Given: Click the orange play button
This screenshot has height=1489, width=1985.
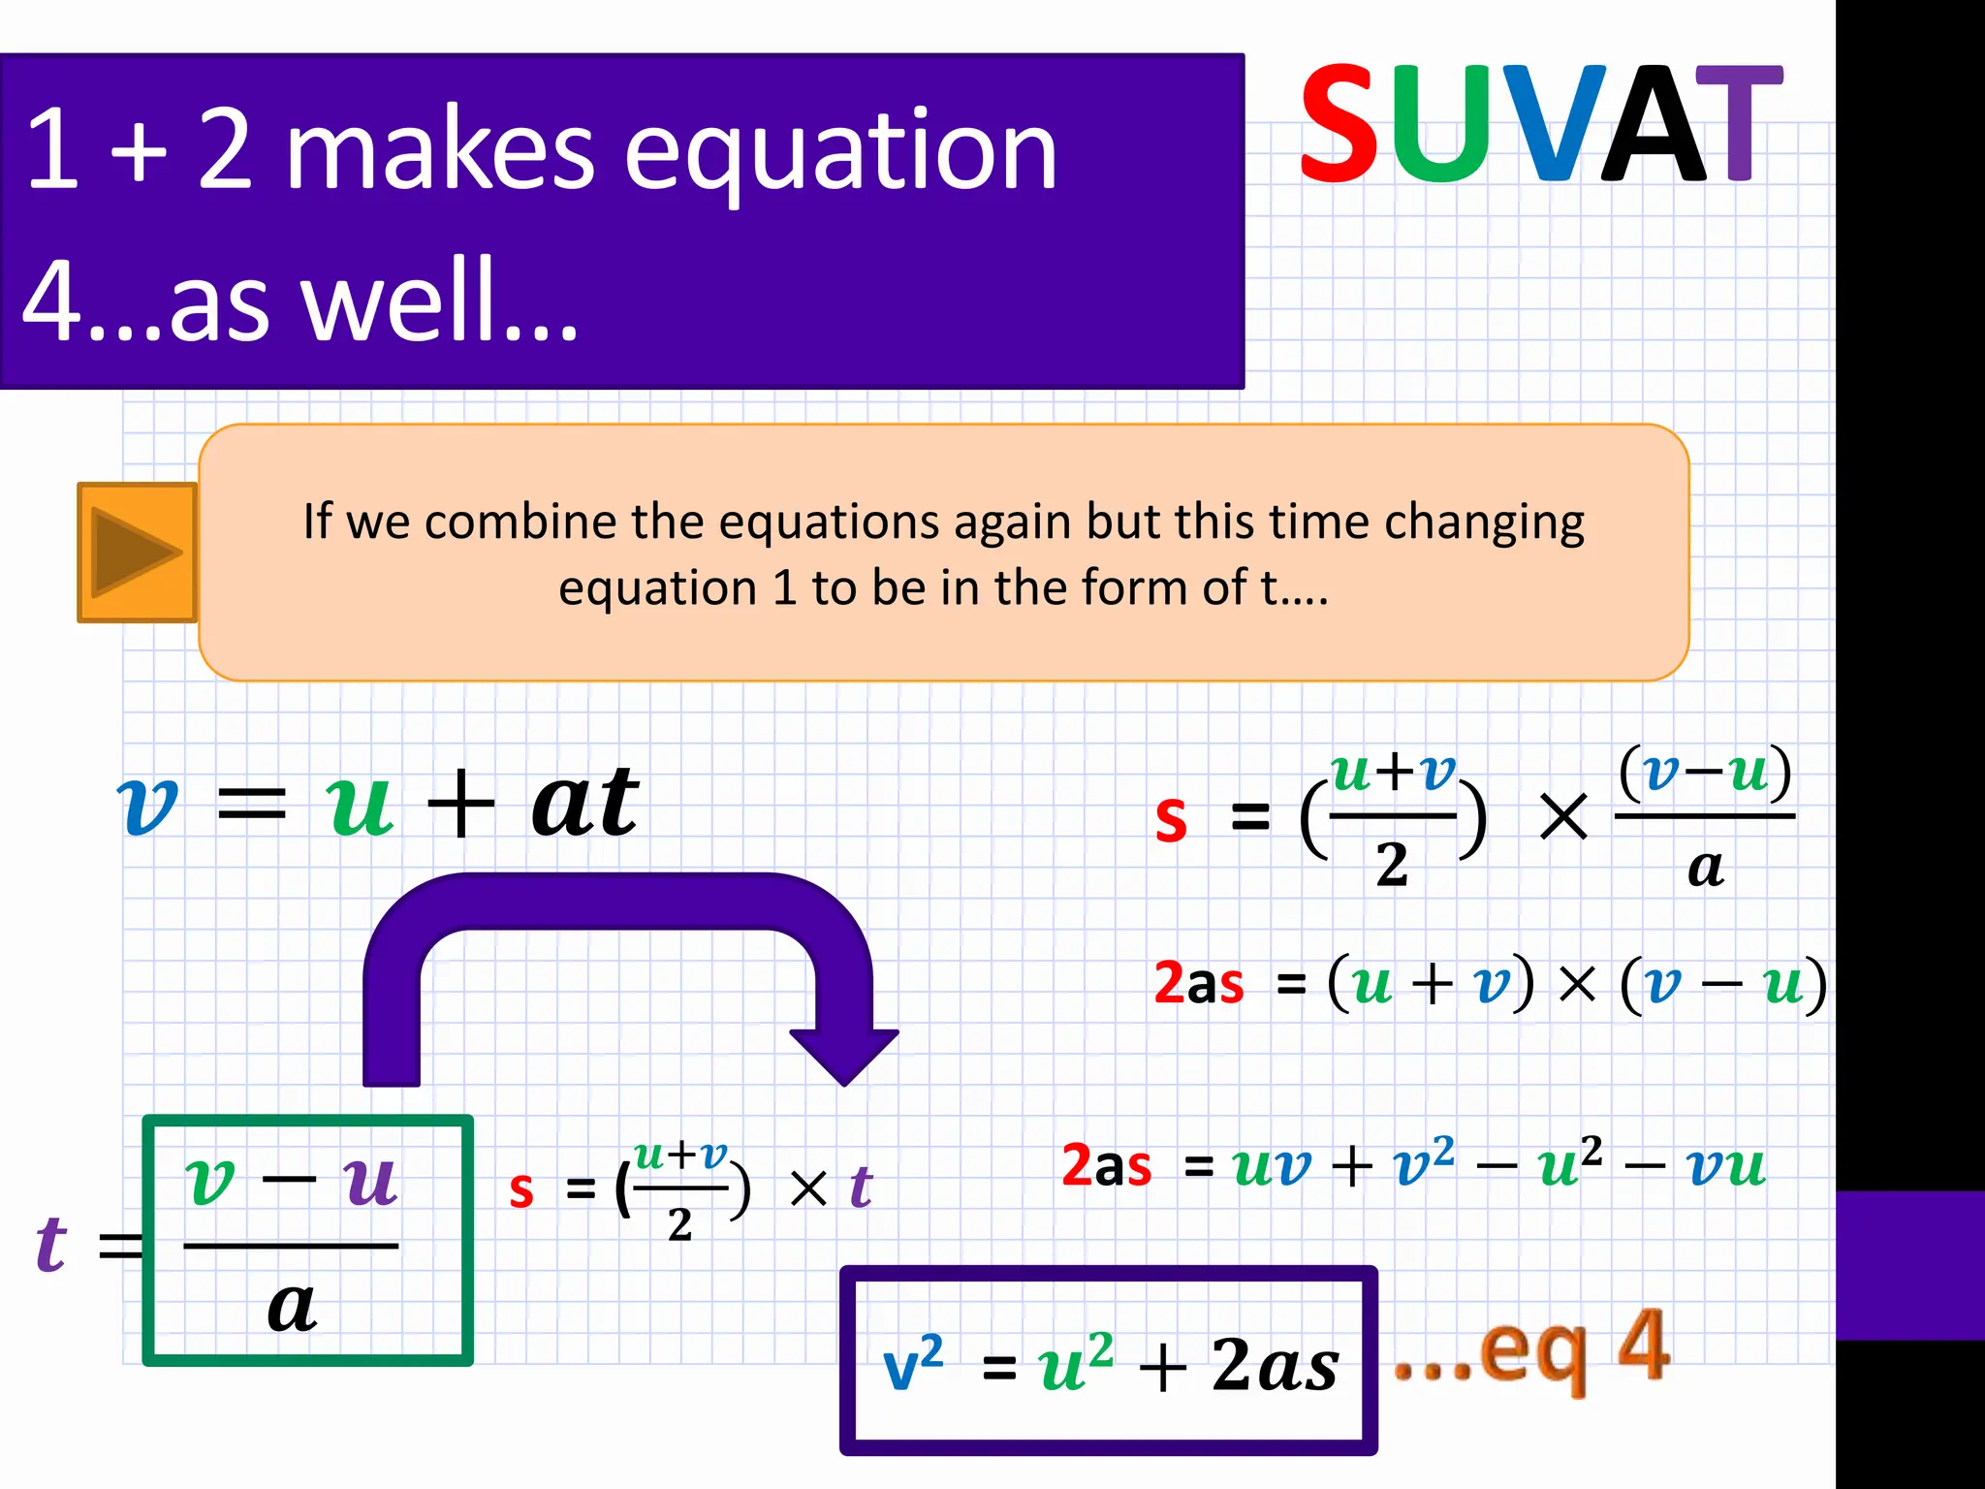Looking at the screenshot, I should coord(137,553).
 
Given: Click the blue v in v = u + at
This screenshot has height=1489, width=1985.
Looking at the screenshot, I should coord(147,807).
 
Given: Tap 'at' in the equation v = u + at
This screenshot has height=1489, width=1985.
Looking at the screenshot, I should coord(585,803).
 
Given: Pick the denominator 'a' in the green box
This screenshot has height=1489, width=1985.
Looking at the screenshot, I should coord(292,1307).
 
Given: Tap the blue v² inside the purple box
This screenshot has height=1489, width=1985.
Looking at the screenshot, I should coord(912,1362).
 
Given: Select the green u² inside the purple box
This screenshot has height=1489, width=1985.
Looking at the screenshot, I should coord(1075,1363).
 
